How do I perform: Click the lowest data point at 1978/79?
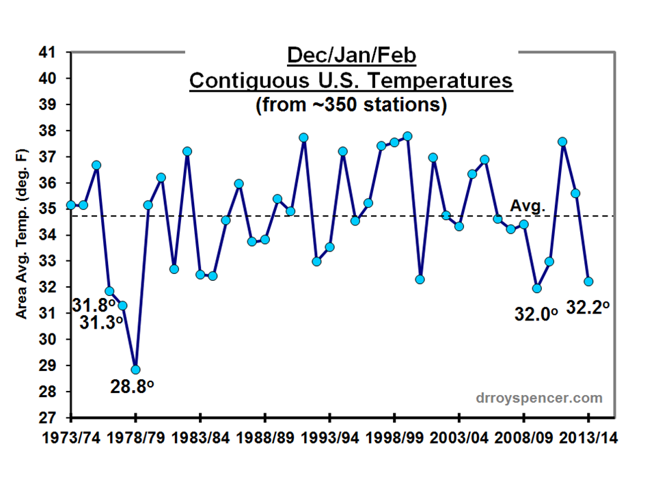coord(135,370)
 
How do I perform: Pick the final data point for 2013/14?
coord(588,282)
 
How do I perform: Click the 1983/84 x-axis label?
coord(200,438)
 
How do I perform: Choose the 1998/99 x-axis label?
coord(394,438)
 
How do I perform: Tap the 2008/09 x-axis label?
coord(523,438)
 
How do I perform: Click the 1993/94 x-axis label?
coord(329,438)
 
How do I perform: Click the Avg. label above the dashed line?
coord(525,205)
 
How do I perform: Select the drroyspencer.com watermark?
coord(539,398)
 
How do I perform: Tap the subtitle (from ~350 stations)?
coord(351,105)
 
